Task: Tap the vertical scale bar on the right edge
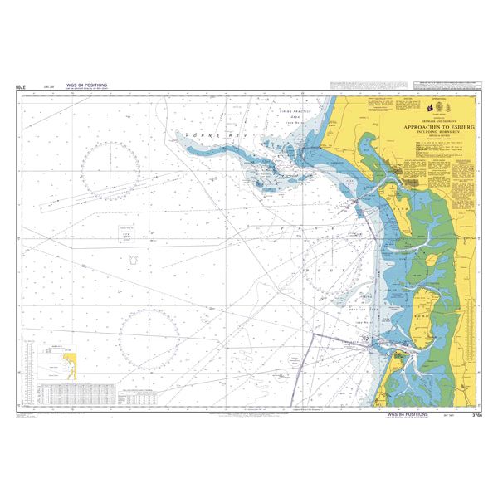pos(473,332)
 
